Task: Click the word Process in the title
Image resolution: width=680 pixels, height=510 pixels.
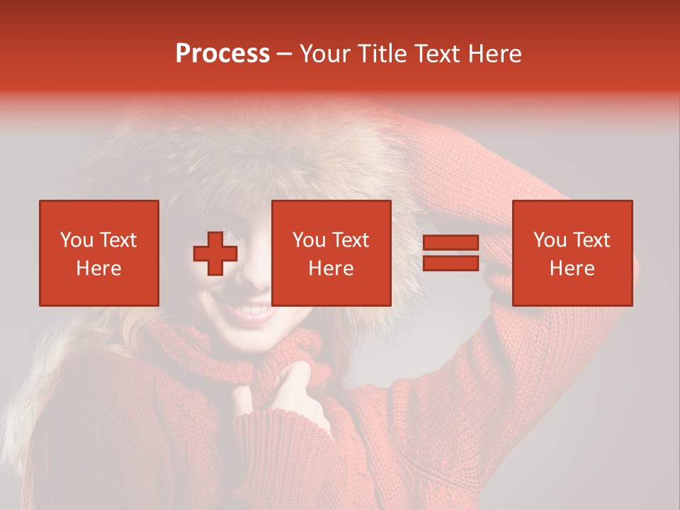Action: (222, 54)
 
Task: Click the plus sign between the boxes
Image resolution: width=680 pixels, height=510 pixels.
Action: (215, 254)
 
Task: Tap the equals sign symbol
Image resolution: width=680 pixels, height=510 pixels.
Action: (450, 253)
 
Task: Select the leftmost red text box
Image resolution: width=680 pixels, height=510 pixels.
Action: (99, 253)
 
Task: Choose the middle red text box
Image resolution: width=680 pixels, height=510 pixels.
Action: (331, 253)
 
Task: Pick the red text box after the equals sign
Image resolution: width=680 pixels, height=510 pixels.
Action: (572, 253)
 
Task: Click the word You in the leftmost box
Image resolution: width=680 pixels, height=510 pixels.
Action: (77, 240)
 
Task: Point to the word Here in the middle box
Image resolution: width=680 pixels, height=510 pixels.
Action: (331, 268)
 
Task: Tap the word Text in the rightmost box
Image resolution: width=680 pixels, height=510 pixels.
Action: (592, 240)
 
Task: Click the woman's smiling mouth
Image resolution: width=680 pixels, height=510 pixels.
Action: (249, 312)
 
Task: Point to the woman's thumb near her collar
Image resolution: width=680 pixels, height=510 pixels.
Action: (301, 372)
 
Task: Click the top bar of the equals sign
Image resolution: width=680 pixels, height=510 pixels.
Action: (450, 243)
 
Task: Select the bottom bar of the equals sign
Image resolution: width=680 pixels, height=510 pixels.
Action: (450, 263)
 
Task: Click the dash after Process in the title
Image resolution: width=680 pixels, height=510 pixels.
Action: (284, 54)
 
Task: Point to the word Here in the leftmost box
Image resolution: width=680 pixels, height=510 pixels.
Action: (99, 268)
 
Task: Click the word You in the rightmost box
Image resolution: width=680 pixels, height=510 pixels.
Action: (550, 240)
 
